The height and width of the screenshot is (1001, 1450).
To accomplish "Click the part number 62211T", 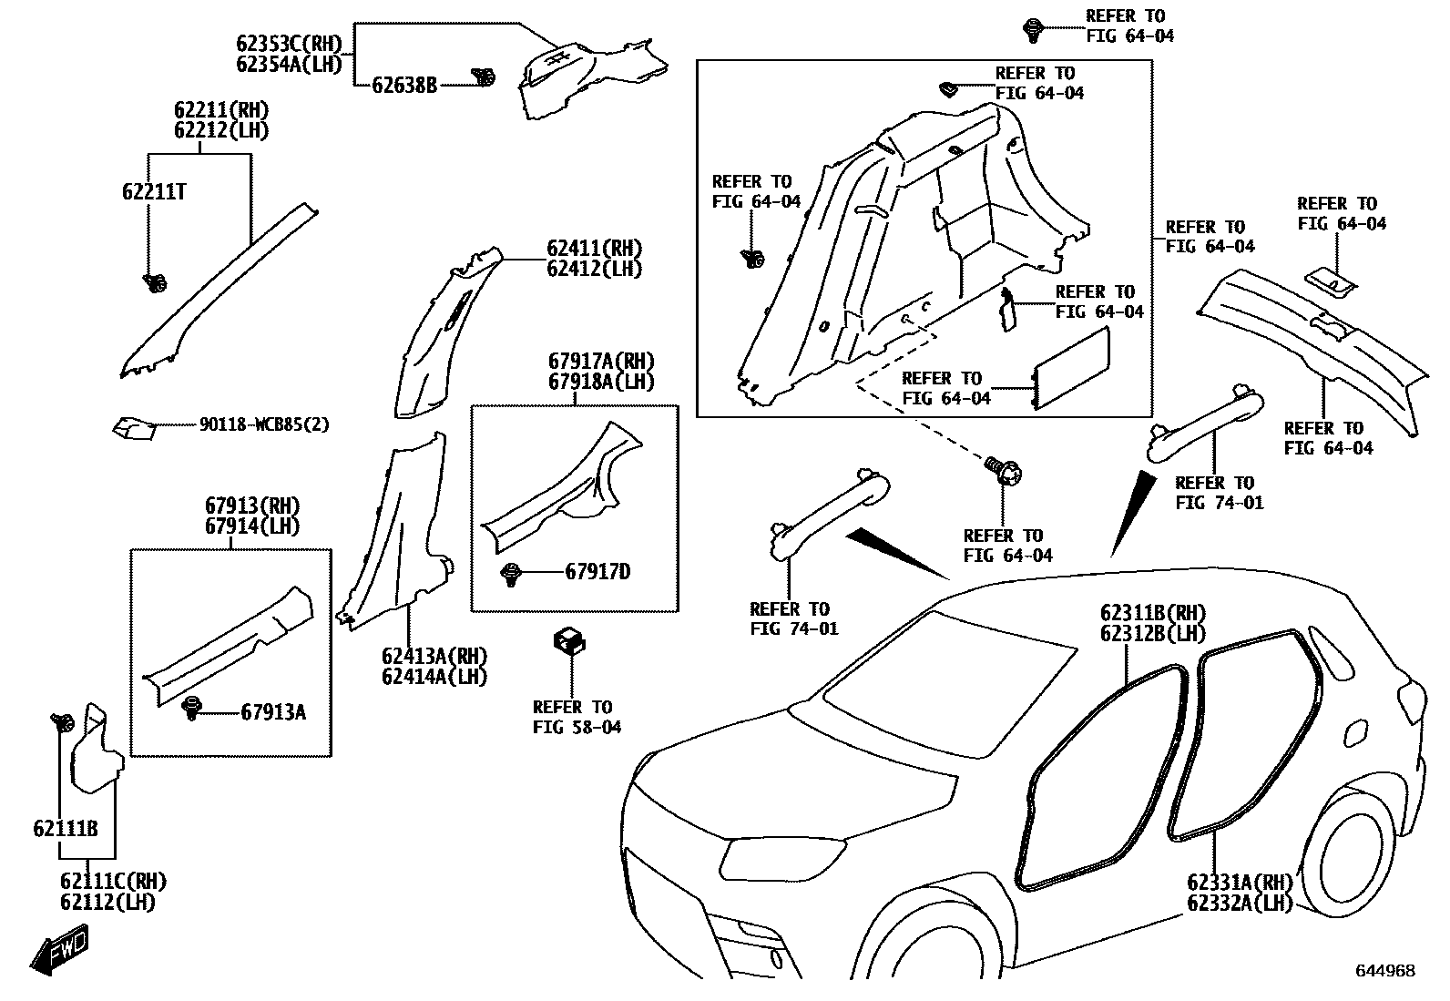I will click(x=155, y=191).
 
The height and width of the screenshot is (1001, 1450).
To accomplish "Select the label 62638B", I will click(x=404, y=86).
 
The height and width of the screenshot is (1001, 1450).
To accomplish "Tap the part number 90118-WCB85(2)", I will click(x=264, y=425).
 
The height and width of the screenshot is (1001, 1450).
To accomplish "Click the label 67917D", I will click(x=597, y=572).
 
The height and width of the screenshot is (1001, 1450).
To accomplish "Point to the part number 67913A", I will click(x=273, y=712).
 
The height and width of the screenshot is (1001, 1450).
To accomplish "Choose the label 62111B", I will click(x=66, y=829).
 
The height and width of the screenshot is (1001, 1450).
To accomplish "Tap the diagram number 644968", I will click(x=1385, y=971).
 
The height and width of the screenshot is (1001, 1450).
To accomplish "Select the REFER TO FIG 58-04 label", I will click(x=577, y=717).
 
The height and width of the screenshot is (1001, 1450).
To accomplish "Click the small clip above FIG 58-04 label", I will click(x=568, y=640).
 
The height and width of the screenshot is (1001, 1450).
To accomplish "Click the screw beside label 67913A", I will click(x=192, y=708).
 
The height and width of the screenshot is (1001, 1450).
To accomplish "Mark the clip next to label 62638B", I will click(x=484, y=78).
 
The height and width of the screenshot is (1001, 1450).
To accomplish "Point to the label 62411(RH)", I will click(x=594, y=249).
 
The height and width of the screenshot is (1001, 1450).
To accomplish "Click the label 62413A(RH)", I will click(x=434, y=657).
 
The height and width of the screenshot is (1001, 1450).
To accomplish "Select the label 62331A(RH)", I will click(x=1241, y=882).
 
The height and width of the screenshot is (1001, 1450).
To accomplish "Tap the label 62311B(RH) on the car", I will click(x=1153, y=613).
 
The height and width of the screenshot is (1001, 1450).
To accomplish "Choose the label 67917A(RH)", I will click(x=601, y=362).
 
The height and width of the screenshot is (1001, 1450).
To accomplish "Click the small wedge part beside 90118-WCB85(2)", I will click(x=132, y=426).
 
